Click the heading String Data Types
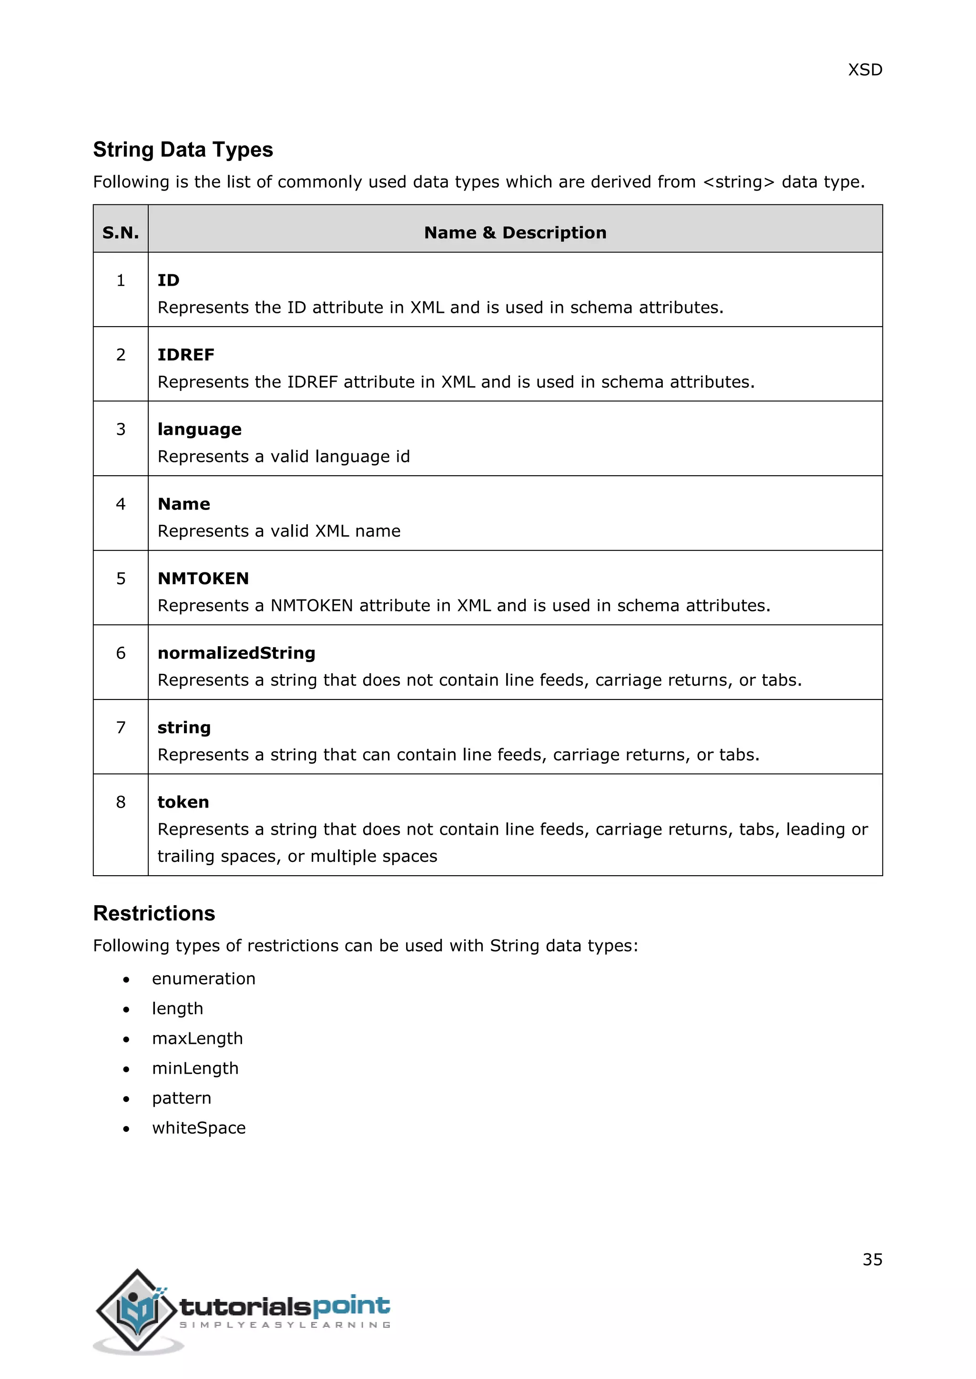[183, 150]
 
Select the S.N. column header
[120, 232]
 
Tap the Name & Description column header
[515, 232]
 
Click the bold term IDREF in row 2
[186, 355]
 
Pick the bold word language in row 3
[200, 430]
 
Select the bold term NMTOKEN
[203, 579]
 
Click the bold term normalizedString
[236, 653]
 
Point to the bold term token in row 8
[183, 802]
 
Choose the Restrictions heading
[154, 913]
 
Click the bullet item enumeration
[204, 979]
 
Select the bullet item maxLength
[197, 1038]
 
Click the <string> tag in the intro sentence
[739, 182]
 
